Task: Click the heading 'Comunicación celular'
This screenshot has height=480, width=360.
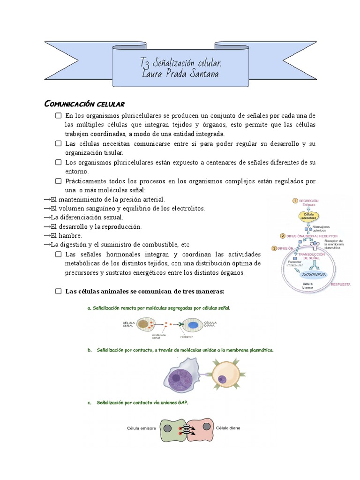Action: [84, 104]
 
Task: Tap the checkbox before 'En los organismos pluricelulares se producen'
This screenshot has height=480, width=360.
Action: [58, 116]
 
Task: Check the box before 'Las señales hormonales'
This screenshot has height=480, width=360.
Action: [58, 255]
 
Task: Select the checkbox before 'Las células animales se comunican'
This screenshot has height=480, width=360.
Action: [58, 292]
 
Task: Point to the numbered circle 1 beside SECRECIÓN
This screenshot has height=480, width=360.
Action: [295, 201]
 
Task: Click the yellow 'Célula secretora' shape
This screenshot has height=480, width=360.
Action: [309, 216]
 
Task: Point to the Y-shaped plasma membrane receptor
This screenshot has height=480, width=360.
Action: [315, 245]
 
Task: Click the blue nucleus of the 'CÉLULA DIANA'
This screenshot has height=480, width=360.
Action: [193, 324]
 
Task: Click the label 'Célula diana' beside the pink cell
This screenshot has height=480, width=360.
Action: [228, 428]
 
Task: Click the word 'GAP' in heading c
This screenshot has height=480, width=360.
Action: [182, 402]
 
